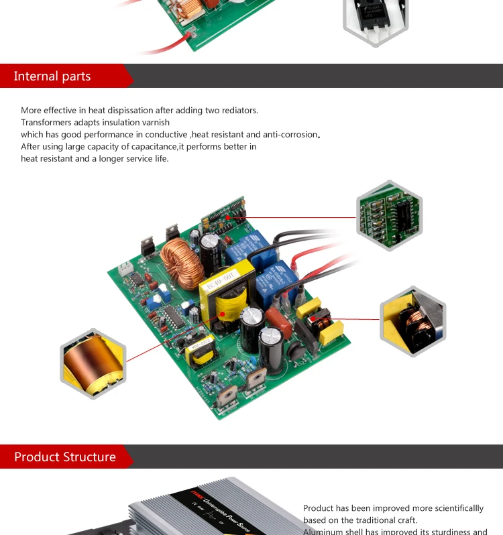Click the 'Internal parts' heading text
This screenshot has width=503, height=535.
(x=52, y=76)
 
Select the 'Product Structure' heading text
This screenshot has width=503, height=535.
(x=65, y=457)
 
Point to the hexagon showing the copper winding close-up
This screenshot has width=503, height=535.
(x=93, y=363)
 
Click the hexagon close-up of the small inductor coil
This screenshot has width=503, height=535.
(x=412, y=320)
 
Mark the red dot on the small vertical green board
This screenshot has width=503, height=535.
(x=228, y=217)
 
